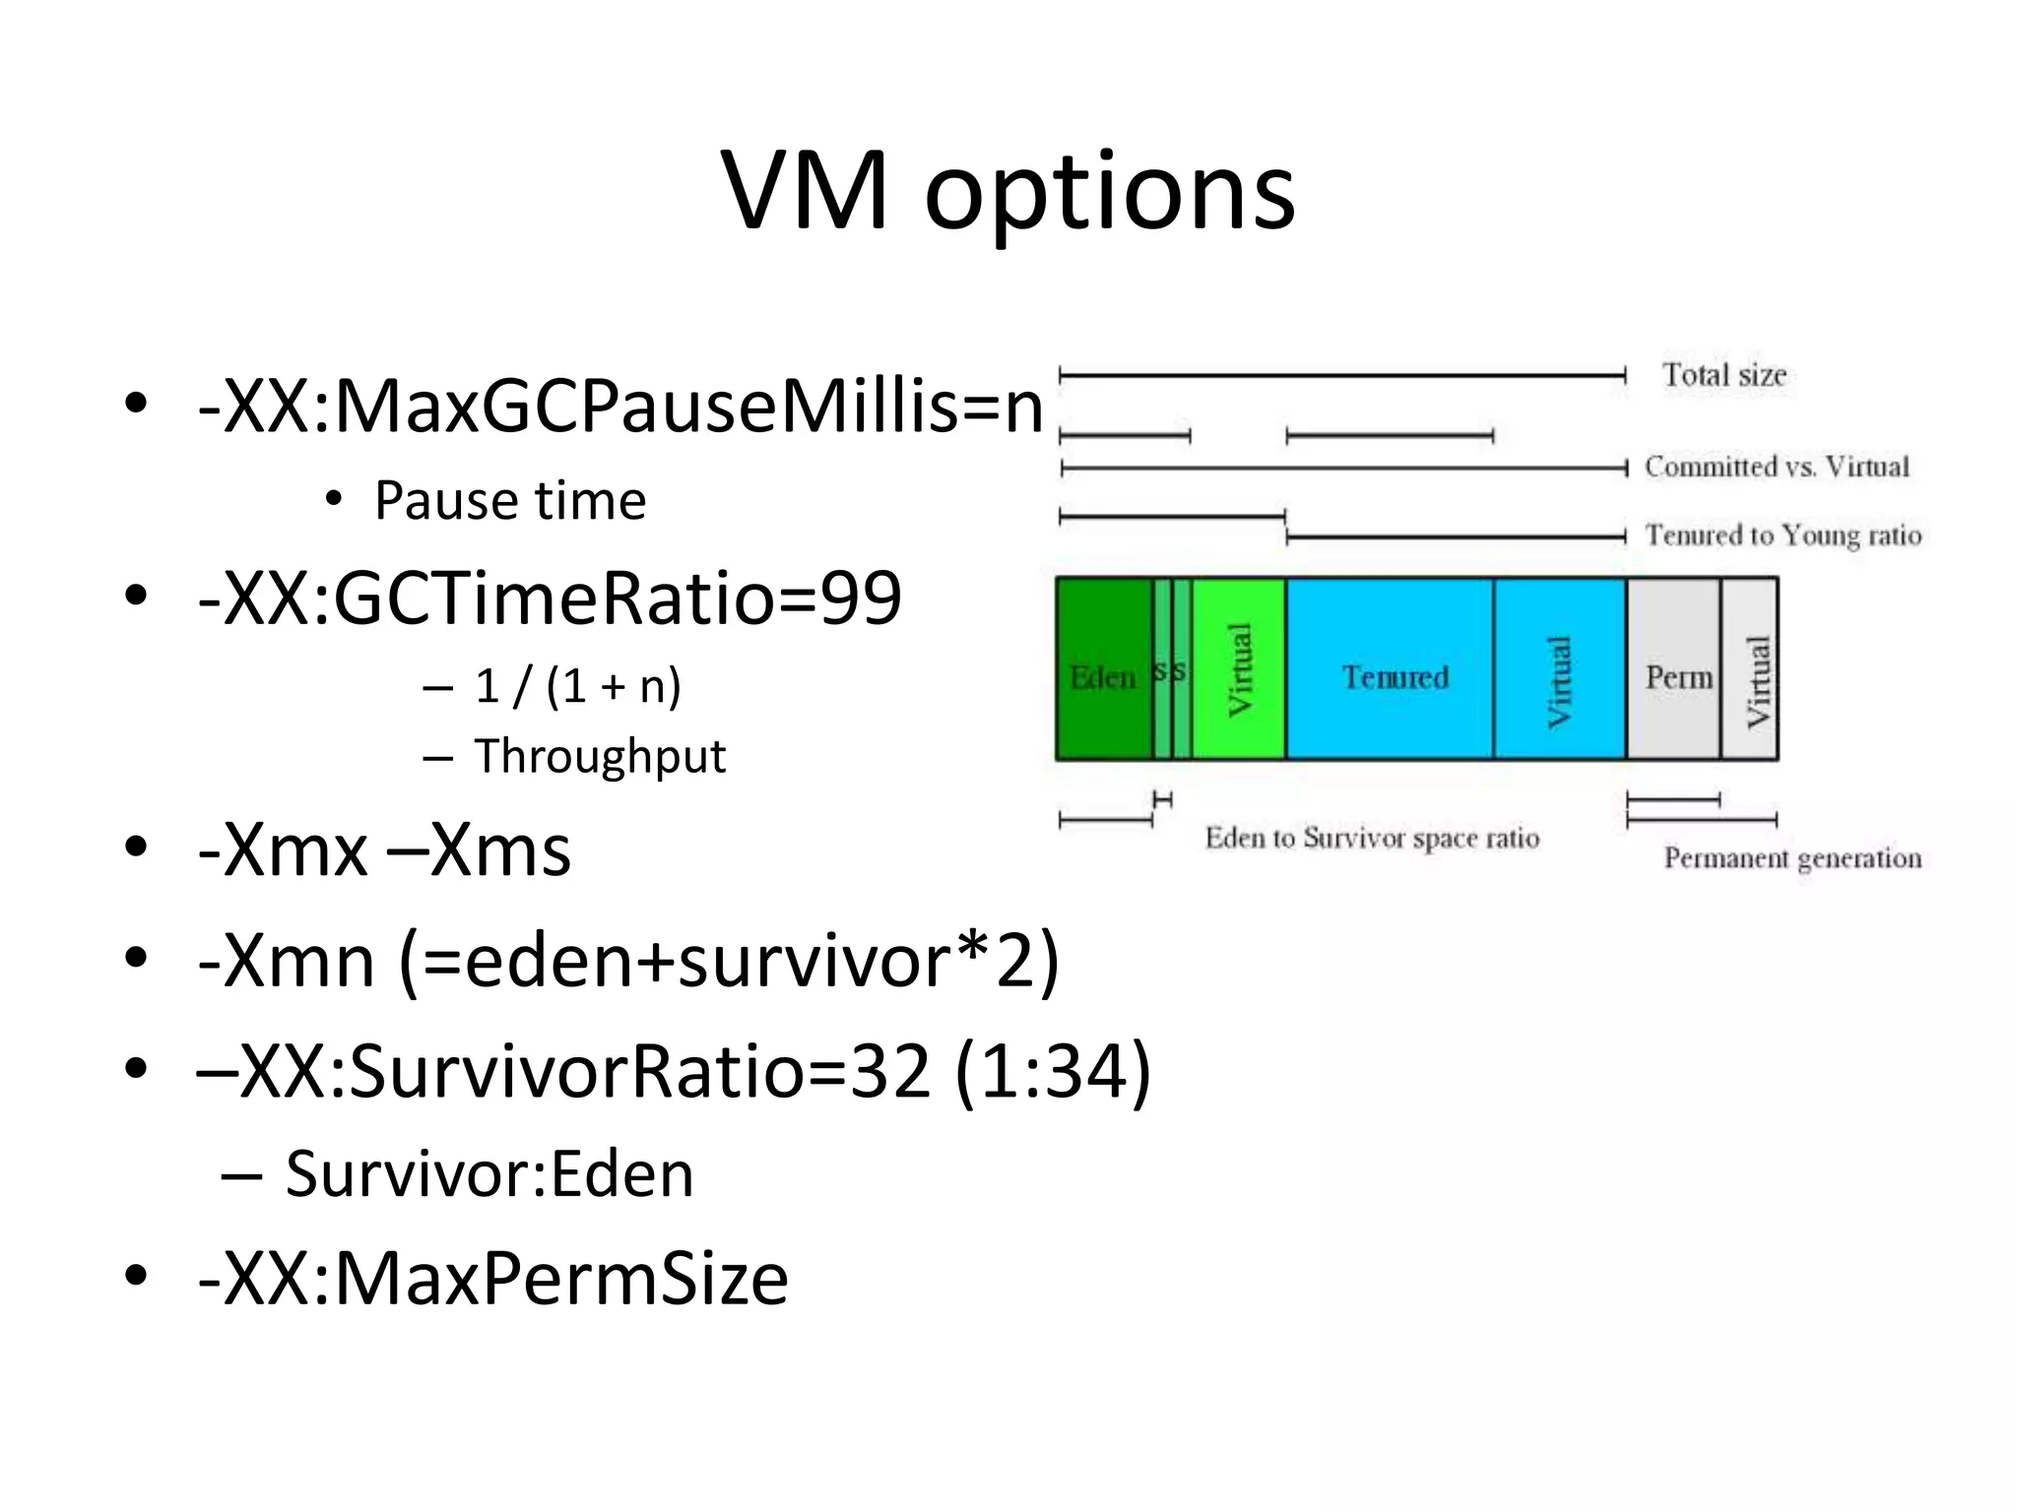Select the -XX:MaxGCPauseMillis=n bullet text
620,407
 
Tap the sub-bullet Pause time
510,501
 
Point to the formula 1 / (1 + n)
577,686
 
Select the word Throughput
600,757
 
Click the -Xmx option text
283,850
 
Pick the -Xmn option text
287,962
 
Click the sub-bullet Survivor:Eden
489,1174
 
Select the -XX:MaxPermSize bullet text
492,1280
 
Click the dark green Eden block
1103,669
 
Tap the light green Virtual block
1239,669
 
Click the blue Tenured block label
1395,677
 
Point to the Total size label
1724,375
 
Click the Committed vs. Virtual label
1776,467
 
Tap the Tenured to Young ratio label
1783,535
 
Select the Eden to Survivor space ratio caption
1372,839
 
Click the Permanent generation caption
1791,858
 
